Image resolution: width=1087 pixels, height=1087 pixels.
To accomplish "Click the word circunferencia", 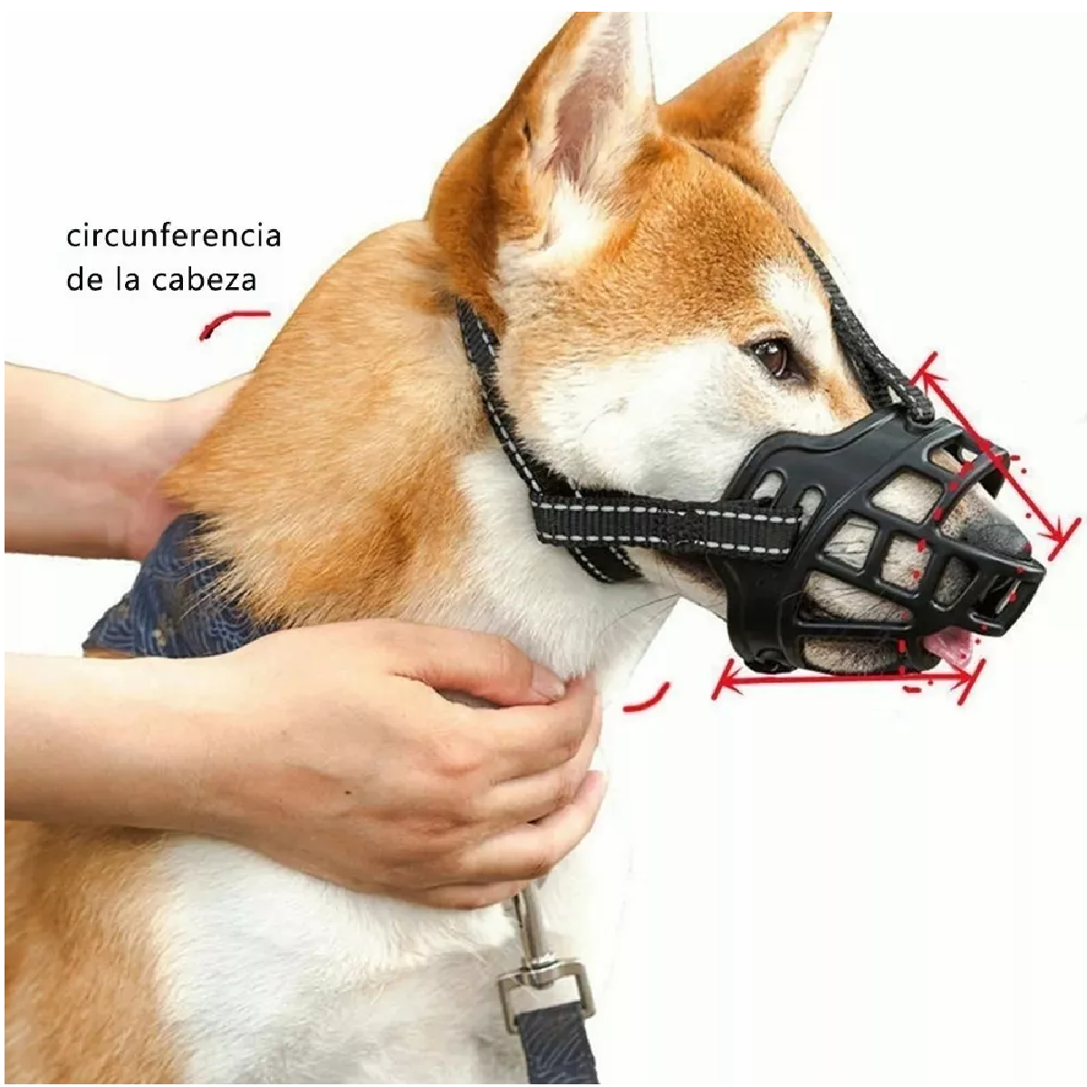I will coord(173,236).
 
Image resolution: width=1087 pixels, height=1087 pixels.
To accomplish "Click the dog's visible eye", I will coord(773,356).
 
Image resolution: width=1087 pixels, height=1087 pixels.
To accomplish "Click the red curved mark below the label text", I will coord(234,321).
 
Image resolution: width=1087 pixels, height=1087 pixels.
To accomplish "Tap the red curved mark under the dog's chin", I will coord(647,697).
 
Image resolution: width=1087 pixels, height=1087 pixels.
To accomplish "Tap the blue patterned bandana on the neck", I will coord(172,589).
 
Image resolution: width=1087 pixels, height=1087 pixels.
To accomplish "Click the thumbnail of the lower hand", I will coord(547,680).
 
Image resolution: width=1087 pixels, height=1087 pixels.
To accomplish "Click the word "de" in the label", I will coord(83,279).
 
